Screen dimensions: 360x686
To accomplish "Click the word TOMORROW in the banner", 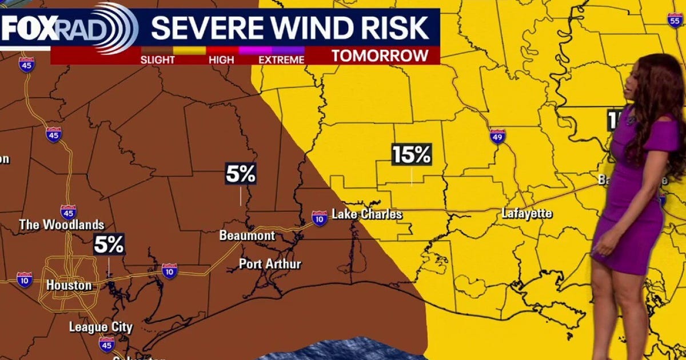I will coord(380,55).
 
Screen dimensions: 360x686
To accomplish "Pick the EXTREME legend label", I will coord(281,59).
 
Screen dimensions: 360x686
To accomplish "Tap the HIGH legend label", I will coord(222,59).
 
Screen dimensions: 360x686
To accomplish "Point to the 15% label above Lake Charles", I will coord(412,154).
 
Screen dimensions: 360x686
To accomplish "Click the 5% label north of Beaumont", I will coord(241,174).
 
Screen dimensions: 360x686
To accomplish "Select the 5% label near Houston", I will coord(109,245).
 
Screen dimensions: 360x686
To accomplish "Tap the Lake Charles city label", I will coord(367,215).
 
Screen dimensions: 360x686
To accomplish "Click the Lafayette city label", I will coord(527,214).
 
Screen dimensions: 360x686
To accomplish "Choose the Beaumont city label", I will coord(247,235).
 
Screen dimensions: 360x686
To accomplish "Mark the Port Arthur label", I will coord(270,264).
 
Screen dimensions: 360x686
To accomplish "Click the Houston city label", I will coord(69,285).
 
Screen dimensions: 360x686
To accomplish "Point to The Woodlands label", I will coord(62,225).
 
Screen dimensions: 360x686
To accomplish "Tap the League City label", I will coord(101,327).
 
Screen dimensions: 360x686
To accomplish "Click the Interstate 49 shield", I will coord(497,136).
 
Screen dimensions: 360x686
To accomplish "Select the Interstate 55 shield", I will coord(674,19).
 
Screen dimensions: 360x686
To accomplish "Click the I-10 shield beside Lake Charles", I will coord(320,217).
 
